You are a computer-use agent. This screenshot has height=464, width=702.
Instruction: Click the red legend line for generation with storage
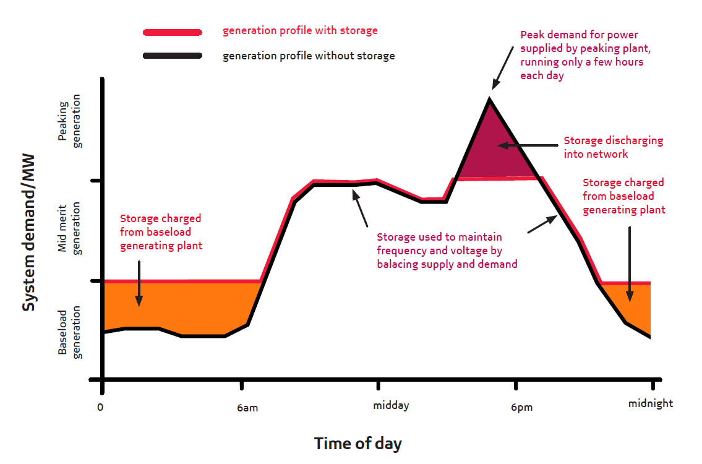[172, 32]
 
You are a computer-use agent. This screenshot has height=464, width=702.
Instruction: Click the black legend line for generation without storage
[172, 56]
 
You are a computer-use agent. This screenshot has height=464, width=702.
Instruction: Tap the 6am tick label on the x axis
[247, 408]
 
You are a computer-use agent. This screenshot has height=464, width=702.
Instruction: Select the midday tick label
[391, 406]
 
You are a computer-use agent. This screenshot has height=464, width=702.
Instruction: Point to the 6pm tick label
[521, 408]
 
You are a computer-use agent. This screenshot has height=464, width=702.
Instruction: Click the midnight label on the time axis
[651, 403]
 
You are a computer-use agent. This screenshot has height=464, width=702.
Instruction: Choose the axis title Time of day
[357, 444]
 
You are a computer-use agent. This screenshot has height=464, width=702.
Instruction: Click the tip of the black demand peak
[490, 99]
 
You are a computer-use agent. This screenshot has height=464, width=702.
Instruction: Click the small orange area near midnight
[634, 303]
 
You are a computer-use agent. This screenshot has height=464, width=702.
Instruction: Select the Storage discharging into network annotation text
[613, 147]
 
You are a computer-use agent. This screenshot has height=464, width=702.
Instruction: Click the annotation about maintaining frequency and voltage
[447, 251]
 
